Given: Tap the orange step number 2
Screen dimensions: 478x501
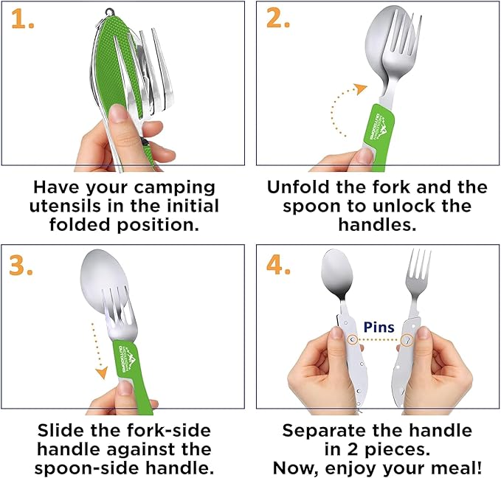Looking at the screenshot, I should (x=278, y=20).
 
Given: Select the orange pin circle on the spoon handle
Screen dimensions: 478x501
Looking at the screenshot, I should (x=352, y=340).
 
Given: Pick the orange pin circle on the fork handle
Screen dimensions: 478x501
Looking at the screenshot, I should (x=407, y=340).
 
